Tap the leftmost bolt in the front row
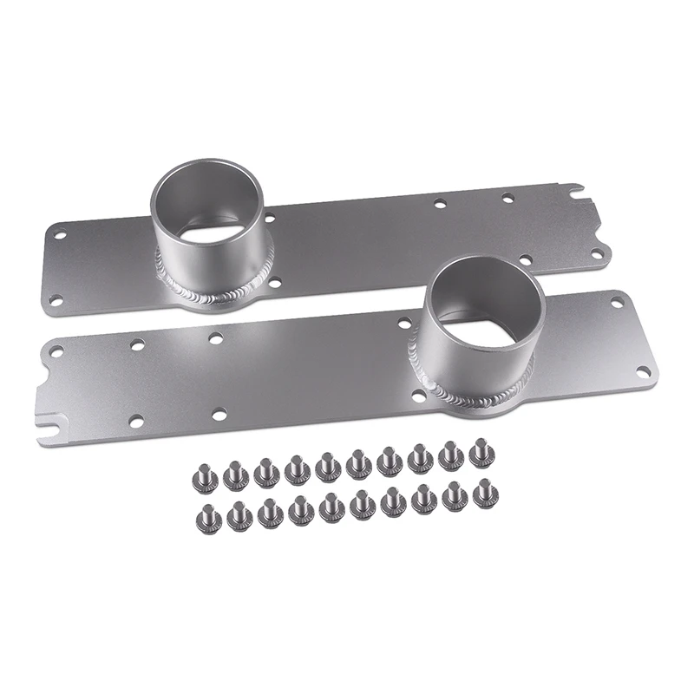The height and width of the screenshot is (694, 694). click(x=209, y=514)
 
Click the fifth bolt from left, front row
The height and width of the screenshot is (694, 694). click(x=331, y=506)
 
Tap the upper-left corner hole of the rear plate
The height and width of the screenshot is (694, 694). click(x=60, y=234)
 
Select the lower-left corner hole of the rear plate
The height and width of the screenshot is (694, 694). click(x=56, y=299)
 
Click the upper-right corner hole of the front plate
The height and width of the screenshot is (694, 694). click(x=617, y=302)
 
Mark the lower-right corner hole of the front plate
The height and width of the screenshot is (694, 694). click(x=644, y=371)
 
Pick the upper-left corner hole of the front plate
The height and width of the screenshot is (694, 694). click(x=56, y=351)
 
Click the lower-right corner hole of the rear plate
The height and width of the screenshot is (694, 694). click(x=597, y=253)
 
